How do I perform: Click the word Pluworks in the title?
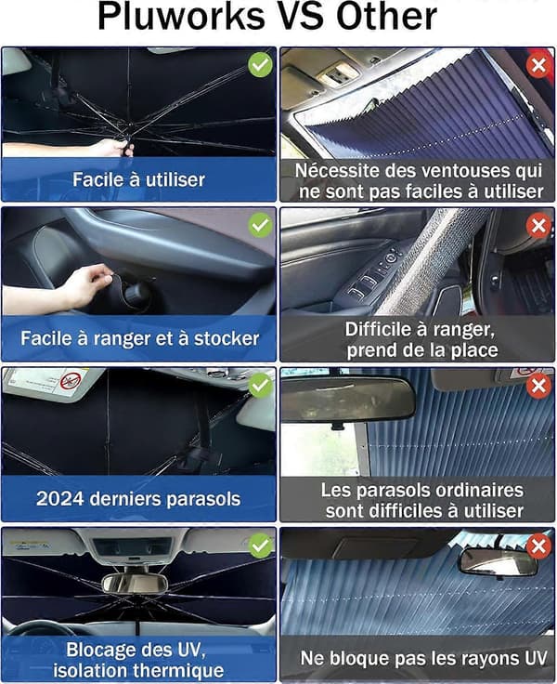181,17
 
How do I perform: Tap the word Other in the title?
386,16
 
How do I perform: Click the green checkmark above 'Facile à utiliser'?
260,65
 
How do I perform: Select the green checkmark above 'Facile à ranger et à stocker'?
260,225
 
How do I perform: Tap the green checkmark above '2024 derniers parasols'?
260,385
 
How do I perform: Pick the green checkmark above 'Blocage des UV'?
260,546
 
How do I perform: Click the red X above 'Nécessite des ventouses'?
538,65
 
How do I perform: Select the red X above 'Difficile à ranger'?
538,226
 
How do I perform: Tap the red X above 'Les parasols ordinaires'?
538,386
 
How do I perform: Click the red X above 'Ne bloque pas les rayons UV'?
538,546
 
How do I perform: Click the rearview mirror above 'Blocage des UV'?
135,583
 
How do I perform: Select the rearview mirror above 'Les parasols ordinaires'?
347,400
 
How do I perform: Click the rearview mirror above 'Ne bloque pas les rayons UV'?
499,562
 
